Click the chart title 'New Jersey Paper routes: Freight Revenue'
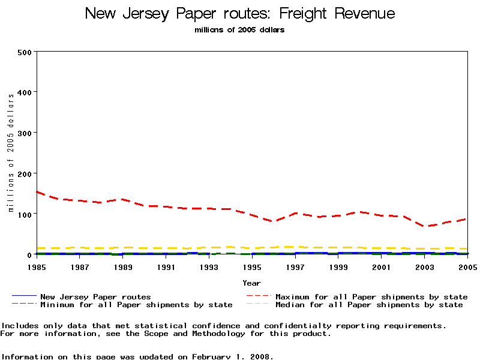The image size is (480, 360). [240, 13]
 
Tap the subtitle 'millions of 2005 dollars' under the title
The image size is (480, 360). [240, 30]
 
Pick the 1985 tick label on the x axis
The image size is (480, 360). [37, 266]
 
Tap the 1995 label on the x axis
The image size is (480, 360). [251, 266]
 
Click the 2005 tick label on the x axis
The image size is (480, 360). [466, 266]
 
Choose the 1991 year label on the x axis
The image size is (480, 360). [166, 266]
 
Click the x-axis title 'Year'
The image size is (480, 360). [251, 283]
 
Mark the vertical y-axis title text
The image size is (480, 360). [11, 153]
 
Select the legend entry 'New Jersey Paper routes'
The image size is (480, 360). [95, 296]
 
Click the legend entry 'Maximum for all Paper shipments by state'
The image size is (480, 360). [371, 296]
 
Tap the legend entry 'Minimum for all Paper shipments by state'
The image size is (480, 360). [136, 305]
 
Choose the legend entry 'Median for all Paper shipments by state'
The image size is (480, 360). [369, 305]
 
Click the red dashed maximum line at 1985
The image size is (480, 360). [37, 192]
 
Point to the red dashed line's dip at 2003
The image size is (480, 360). [424, 226]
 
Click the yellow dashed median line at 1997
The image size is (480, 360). [295, 247]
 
